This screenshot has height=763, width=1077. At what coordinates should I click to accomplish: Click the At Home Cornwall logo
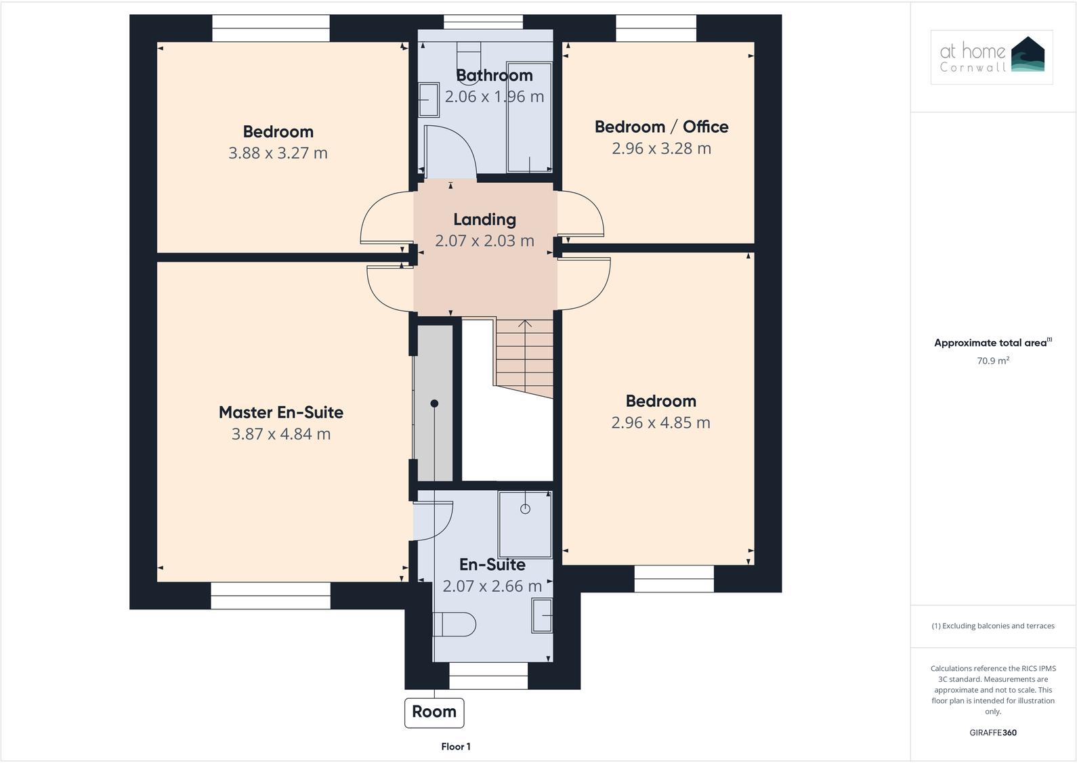992,57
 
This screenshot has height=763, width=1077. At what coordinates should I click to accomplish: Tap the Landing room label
484,219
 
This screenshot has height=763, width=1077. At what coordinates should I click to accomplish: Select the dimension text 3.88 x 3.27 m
278,153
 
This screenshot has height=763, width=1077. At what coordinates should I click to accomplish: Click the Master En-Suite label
280,412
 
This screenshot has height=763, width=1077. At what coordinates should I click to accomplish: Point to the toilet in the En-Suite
455,624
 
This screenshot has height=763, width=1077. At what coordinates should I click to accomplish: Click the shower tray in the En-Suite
525,524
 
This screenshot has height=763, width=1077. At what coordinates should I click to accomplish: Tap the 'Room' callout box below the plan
434,712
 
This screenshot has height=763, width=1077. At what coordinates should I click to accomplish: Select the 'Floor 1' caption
455,747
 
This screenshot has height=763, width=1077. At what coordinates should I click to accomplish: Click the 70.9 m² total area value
992,361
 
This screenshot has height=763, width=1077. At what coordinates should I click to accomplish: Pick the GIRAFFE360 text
992,733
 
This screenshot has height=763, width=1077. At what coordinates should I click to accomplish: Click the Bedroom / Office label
661,127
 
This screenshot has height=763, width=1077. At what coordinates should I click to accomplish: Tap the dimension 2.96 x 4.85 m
660,423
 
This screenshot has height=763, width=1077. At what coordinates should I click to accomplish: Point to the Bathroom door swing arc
461,146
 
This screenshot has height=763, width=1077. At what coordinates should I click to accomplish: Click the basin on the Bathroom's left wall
429,100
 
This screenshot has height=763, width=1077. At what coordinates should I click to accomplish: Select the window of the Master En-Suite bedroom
270,596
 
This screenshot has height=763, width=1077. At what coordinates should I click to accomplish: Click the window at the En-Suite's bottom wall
488,675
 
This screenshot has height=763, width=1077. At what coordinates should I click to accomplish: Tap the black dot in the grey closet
434,404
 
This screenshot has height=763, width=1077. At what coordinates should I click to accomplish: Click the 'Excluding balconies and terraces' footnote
992,626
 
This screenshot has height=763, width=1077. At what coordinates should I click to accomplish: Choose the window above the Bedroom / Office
656,28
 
